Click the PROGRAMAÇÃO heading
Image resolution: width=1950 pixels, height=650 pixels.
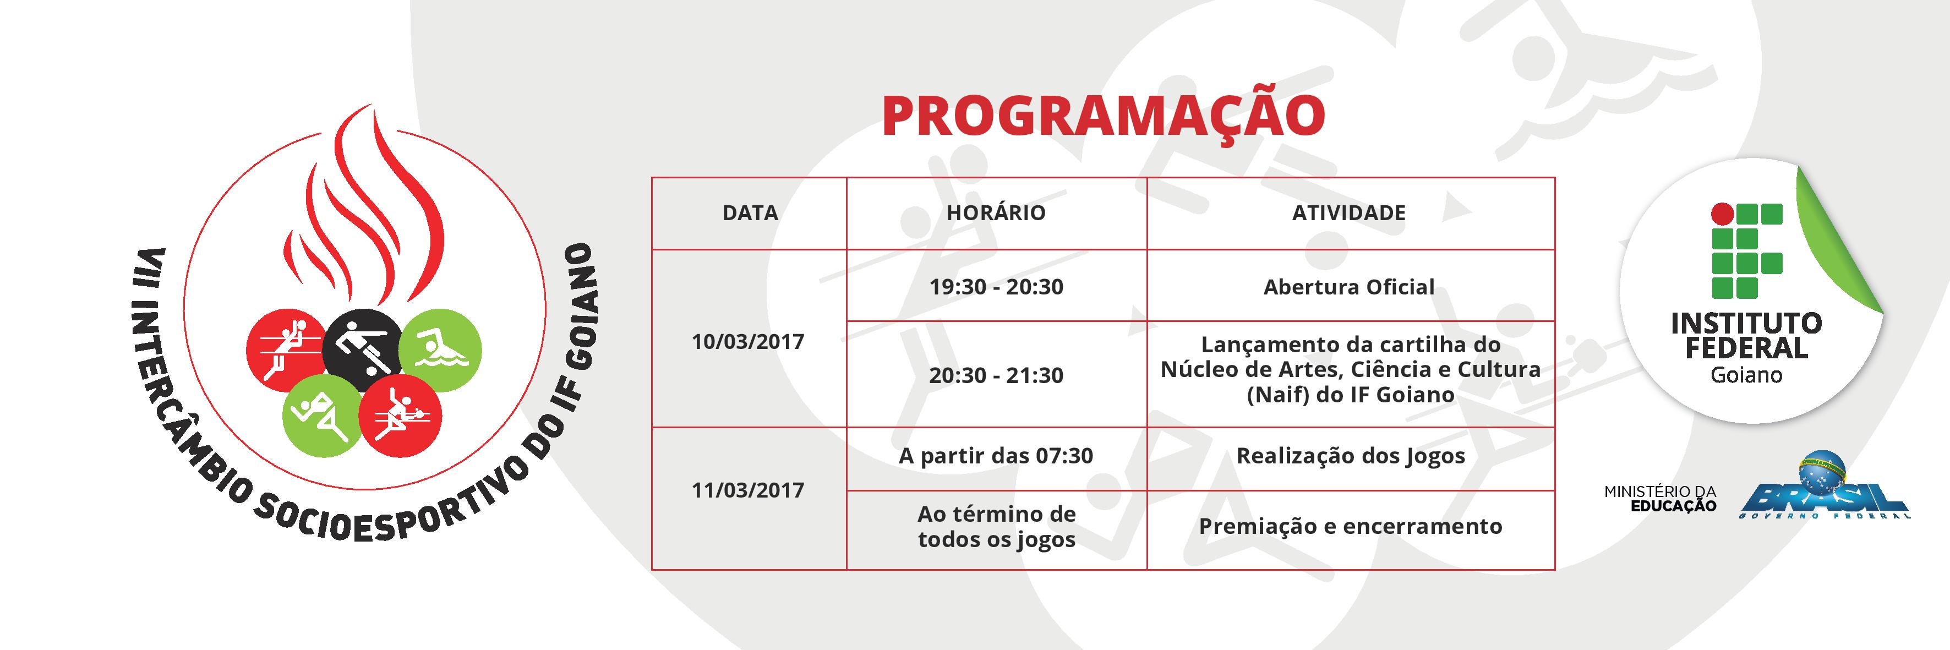1103,117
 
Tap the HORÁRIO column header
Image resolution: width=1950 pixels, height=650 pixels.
996,212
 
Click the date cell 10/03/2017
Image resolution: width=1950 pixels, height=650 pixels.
748,341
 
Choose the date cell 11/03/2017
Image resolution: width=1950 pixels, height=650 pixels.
748,490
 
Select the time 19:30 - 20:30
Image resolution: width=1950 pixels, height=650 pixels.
996,287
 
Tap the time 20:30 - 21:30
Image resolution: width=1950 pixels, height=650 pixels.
996,375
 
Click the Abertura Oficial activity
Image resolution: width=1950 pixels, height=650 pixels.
1349,287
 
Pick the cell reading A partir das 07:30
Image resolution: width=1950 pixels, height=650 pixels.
996,456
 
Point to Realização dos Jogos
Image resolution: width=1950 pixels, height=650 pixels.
1351,456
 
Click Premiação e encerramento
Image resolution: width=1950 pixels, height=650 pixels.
1351,527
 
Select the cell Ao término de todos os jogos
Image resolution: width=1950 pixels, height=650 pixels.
996,527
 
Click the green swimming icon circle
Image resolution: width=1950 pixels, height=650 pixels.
440,351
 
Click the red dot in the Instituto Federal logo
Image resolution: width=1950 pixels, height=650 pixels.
1722,214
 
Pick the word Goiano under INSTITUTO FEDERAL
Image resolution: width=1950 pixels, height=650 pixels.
1746,375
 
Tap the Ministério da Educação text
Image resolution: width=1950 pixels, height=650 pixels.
1660,499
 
